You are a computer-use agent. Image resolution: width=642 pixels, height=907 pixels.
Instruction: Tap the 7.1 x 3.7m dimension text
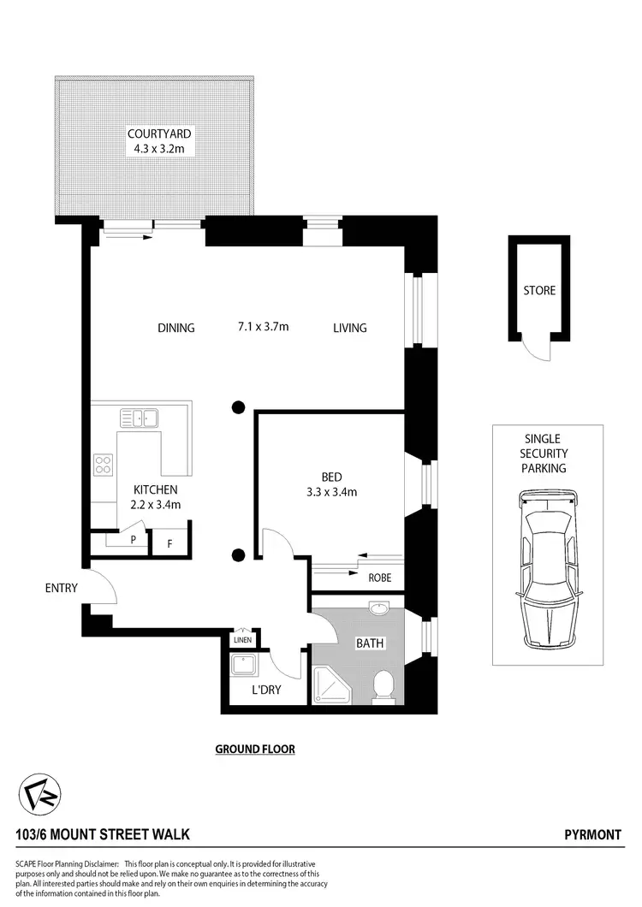pyautogui.click(x=263, y=327)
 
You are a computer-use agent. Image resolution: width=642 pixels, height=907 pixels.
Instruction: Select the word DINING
pyautogui.click(x=176, y=328)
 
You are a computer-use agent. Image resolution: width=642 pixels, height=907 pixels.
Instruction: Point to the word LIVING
pyautogui.click(x=349, y=328)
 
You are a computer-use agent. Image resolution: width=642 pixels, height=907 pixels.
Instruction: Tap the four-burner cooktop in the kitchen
pyautogui.click(x=104, y=465)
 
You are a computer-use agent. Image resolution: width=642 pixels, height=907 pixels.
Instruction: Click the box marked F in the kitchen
pyautogui.click(x=169, y=542)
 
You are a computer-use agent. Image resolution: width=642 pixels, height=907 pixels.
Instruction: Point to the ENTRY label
pyautogui.click(x=62, y=588)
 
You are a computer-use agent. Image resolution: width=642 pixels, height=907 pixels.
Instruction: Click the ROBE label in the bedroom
pyautogui.click(x=379, y=578)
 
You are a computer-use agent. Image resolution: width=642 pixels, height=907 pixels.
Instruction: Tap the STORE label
pyautogui.click(x=539, y=291)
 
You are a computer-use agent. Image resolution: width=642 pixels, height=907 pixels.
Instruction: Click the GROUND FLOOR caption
pyautogui.click(x=255, y=749)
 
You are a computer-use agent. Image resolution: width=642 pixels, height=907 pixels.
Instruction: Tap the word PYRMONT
pyautogui.click(x=593, y=834)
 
